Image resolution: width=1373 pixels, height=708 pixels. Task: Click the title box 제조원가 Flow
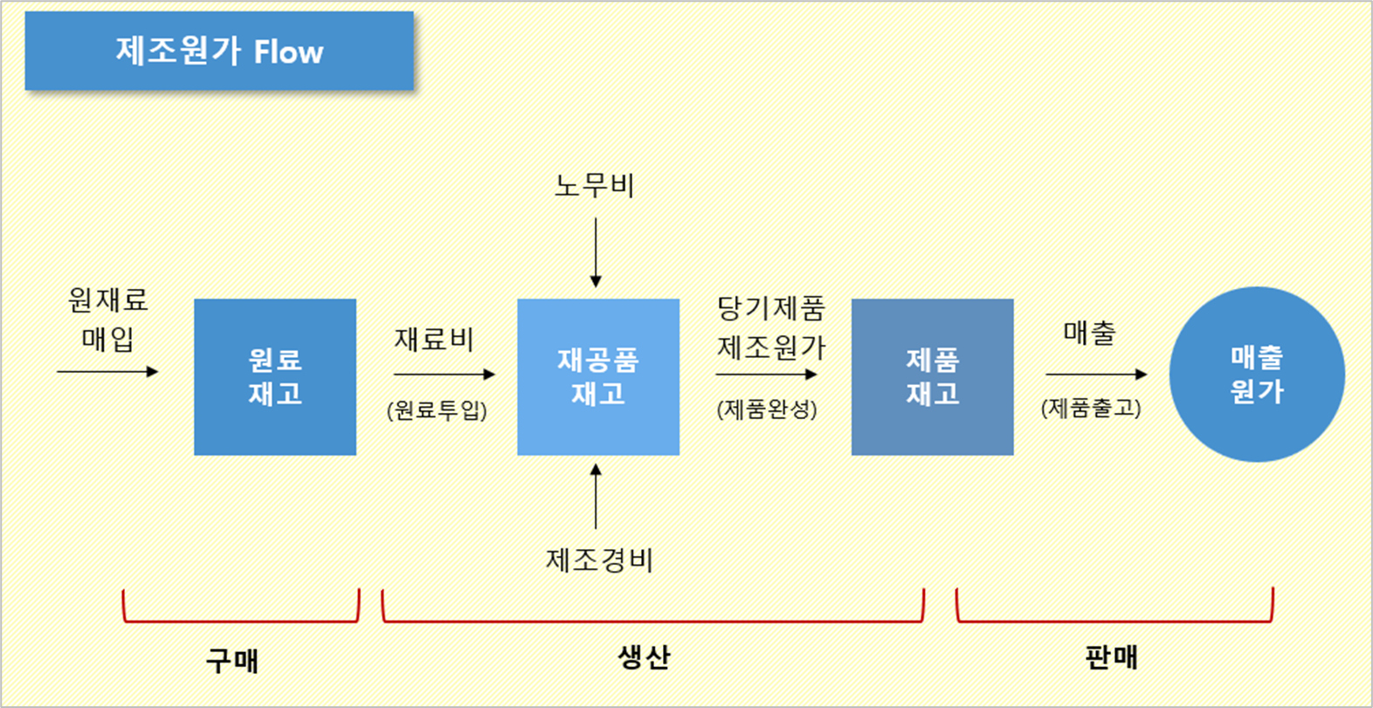tap(219, 51)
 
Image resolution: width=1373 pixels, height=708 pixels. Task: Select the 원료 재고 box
tap(275, 376)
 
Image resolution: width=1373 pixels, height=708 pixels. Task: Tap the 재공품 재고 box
tap(598, 376)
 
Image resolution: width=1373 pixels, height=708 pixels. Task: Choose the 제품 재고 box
tap(932, 376)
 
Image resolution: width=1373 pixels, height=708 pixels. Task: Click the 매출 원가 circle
tap(1257, 375)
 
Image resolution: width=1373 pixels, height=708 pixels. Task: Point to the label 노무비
tap(595, 185)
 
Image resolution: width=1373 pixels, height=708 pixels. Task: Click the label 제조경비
tap(599, 560)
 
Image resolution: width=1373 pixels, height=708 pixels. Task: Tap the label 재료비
tap(434, 339)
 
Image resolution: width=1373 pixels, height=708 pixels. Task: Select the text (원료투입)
tap(437, 409)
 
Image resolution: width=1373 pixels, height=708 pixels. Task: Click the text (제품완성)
tap(767, 409)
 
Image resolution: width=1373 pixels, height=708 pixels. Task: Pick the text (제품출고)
tap(1091, 408)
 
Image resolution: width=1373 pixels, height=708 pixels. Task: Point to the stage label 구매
tap(232, 660)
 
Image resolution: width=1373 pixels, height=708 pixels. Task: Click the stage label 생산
tap(644, 656)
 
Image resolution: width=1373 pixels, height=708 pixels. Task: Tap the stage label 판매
tap(1111, 656)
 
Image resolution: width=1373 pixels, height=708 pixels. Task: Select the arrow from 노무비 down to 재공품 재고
tap(596, 252)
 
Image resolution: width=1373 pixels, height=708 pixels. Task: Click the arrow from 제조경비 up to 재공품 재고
tap(596, 496)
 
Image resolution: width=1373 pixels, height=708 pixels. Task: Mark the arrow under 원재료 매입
tap(107, 372)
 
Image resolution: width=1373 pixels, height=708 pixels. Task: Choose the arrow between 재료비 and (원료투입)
tap(444, 375)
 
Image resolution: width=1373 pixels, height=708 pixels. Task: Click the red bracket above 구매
tap(241, 620)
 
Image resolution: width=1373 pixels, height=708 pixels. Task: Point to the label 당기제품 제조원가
tap(771, 327)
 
